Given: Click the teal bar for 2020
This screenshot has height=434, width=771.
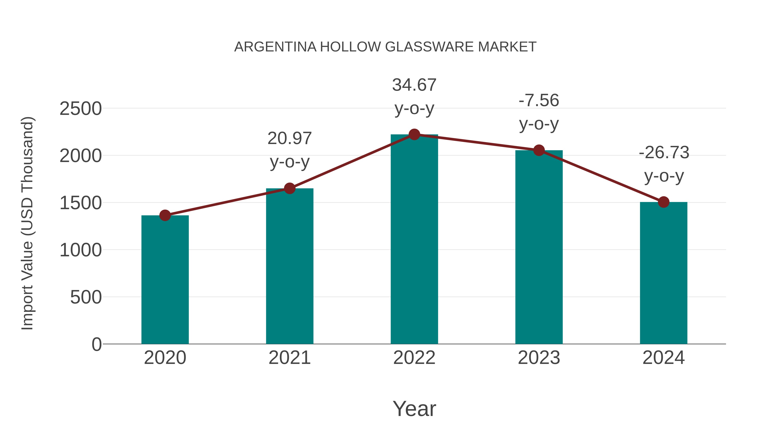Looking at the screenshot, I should tap(165, 280).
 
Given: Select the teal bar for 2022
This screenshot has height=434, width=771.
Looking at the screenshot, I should tap(414, 240).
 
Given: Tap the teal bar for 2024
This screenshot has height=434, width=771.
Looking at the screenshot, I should tap(663, 273).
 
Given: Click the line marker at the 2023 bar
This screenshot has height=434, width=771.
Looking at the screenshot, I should tap(539, 150).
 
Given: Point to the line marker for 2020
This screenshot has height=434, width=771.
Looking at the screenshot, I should tap(165, 215).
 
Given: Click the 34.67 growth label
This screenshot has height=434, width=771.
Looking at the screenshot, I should tap(414, 85).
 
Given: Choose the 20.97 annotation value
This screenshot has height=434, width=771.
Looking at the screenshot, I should tap(289, 138).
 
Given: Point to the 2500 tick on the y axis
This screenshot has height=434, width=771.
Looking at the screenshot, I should tap(81, 109).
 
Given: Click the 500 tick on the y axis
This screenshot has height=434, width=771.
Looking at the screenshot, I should tap(86, 297).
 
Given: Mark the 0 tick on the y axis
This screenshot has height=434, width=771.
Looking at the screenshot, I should tap(97, 344).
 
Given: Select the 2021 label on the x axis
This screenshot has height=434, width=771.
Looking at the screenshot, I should tap(289, 358).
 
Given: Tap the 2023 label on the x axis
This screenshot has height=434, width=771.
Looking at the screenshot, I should tap(539, 358).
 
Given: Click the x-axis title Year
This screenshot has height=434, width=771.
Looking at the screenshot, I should tap(414, 409).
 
